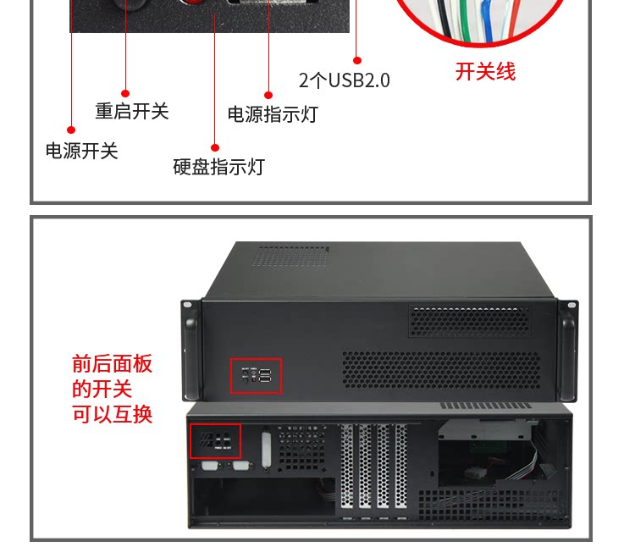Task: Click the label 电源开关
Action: (x=81, y=152)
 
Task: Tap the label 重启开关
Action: (x=131, y=111)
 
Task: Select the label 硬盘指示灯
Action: (x=218, y=167)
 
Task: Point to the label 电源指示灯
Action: (x=273, y=114)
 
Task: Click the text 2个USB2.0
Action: (x=344, y=80)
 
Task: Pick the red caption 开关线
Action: (x=485, y=72)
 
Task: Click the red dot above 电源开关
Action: (x=71, y=130)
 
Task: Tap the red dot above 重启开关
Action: (x=125, y=93)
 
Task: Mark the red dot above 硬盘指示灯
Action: (x=215, y=148)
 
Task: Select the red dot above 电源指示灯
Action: (x=268, y=96)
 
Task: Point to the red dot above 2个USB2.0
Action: (x=357, y=61)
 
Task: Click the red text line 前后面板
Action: (x=112, y=364)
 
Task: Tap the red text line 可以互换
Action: (x=112, y=415)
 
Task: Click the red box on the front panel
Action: (x=256, y=376)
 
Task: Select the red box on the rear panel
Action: (x=215, y=441)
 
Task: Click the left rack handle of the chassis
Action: (x=190, y=348)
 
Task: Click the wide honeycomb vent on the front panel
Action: (x=440, y=370)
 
